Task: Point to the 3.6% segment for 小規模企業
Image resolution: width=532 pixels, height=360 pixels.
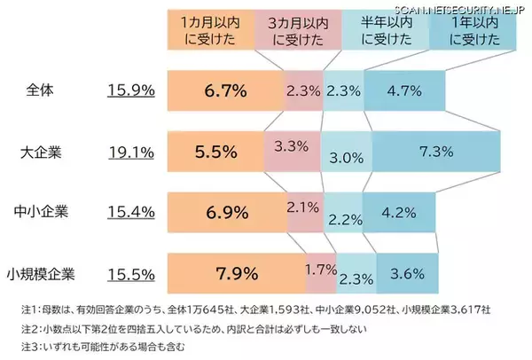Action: coord(407,272)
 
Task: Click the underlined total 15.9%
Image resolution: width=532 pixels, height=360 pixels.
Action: coord(131,90)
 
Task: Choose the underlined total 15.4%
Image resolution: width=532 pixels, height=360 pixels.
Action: coord(131,212)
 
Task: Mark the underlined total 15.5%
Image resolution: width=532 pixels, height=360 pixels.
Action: coord(131,272)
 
